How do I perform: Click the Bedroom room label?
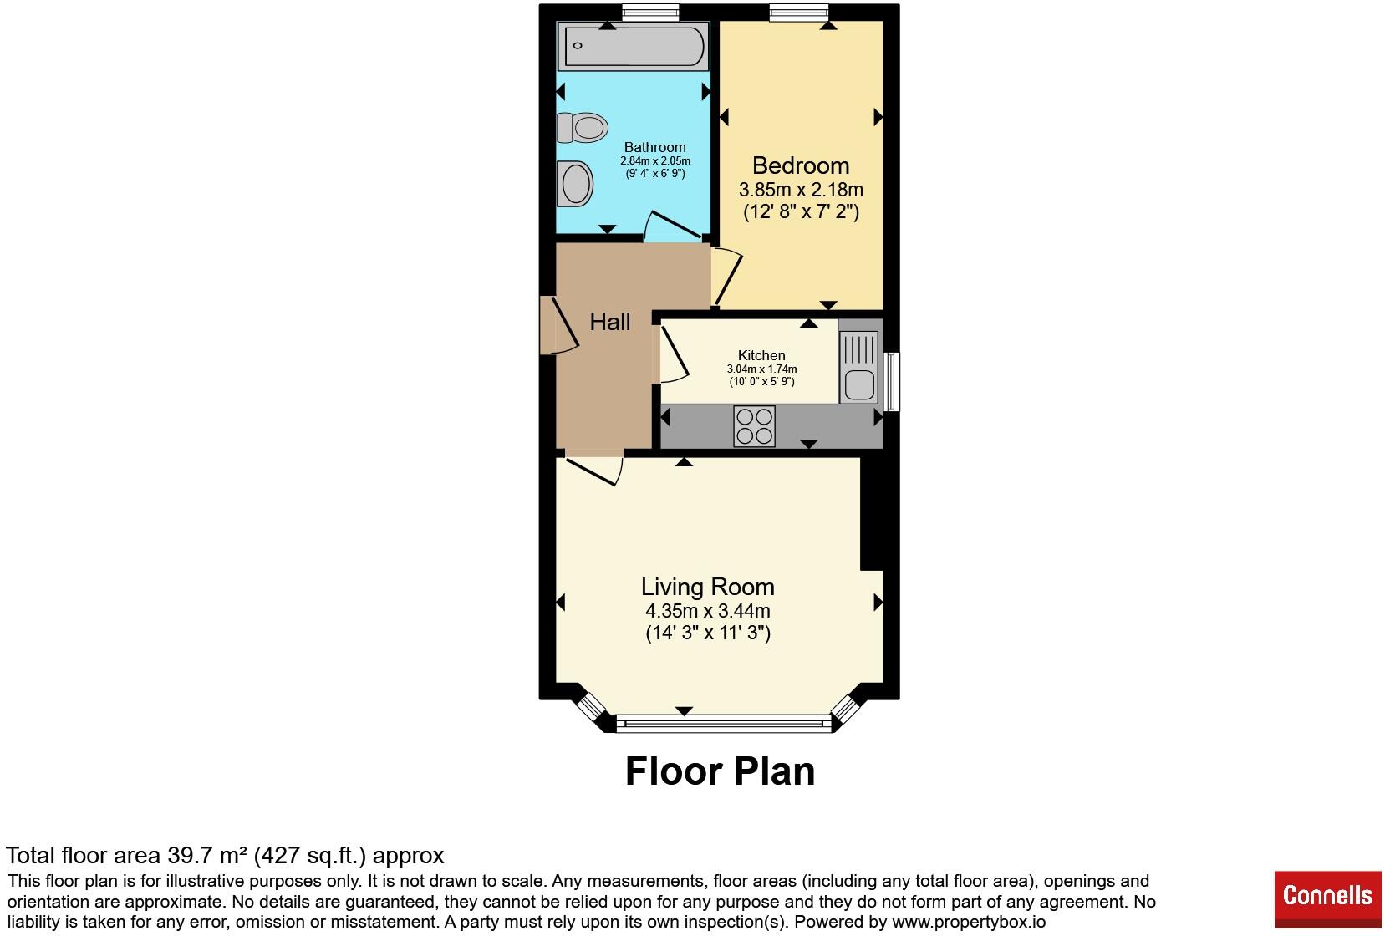point(801,165)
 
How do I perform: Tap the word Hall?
point(609,322)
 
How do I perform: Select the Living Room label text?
point(707,587)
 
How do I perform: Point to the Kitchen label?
point(761,355)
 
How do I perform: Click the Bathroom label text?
point(654,147)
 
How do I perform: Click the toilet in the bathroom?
point(582,128)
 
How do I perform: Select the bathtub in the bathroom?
point(633,46)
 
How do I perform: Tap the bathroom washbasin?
point(575,184)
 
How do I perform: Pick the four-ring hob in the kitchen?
point(754,426)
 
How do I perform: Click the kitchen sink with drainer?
point(859,367)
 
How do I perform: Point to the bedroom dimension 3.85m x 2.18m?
point(801,190)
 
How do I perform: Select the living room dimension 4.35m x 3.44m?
point(708,611)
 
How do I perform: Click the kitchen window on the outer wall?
point(891,381)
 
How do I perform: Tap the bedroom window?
point(799,13)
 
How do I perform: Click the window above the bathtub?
point(650,13)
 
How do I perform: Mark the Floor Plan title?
point(721,771)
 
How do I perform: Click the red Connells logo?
point(1327,899)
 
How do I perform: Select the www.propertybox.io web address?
point(969,922)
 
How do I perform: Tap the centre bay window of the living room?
point(724,724)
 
